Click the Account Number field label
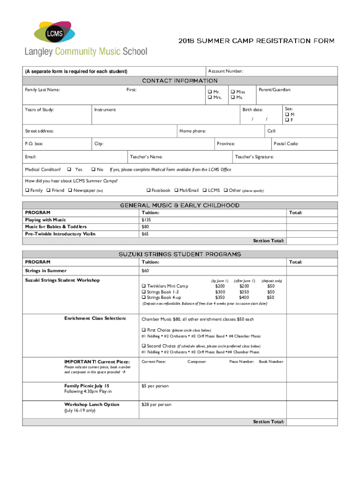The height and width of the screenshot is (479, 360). (x=225, y=71)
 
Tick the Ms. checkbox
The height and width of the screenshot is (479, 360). (x=232, y=98)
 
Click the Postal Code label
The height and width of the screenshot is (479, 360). (x=286, y=144)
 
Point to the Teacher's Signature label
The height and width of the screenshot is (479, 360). (x=254, y=157)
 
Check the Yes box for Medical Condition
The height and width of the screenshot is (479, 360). (x=69, y=169)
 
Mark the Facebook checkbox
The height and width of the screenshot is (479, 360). (x=148, y=190)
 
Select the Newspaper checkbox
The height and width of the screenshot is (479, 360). (x=70, y=190)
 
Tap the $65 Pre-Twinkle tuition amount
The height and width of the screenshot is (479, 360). (x=145, y=233)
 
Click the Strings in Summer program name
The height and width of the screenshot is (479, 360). (x=46, y=270)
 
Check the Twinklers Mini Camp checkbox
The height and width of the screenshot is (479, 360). (x=144, y=286)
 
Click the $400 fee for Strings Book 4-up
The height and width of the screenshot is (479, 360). (x=244, y=297)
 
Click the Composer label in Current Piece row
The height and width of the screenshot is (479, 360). (x=197, y=362)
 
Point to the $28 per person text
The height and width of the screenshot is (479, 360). (x=156, y=404)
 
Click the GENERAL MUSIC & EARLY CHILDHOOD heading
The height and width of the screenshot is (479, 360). (x=180, y=205)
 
